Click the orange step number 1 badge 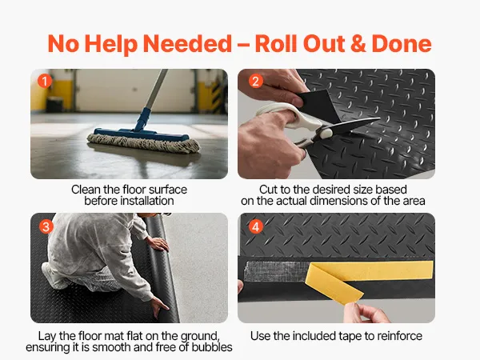(x=45, y=82)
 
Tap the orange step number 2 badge (x=256, y=82)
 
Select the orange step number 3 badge (x=46, y=227)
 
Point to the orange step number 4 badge (x=256, y=227)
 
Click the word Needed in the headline (x=187, y=43)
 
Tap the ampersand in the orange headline (x=358, y=43)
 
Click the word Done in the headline (x=402, y=43)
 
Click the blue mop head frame (x=142, y=134)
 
